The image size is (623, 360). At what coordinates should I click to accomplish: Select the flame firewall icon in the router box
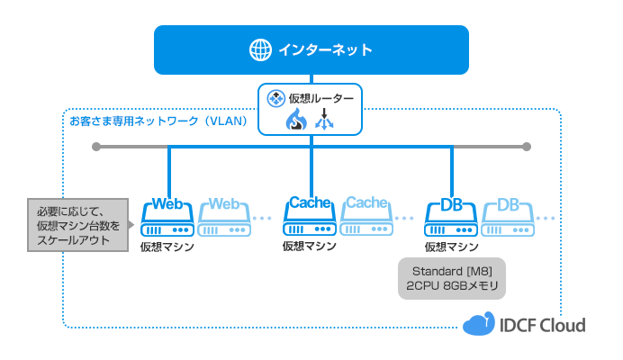[296, 120]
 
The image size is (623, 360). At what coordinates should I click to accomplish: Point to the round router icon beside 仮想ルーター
[276, 96]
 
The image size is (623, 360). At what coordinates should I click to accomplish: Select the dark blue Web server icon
[168, 216]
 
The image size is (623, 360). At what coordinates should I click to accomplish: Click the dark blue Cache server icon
[311, 216]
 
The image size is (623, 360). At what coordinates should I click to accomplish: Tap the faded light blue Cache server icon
[366, 216]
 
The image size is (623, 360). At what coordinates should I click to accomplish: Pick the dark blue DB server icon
[452, 216]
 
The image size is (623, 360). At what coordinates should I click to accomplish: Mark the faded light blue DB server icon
[508, 216]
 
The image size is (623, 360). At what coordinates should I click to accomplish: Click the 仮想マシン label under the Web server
[167, 246]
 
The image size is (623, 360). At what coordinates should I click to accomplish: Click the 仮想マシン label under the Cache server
[310, 246]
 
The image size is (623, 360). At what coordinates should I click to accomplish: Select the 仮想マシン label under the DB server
[452, 246]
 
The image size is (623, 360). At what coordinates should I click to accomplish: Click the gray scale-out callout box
[79, 223]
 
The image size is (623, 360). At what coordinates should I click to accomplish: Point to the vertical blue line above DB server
[452, 171]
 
